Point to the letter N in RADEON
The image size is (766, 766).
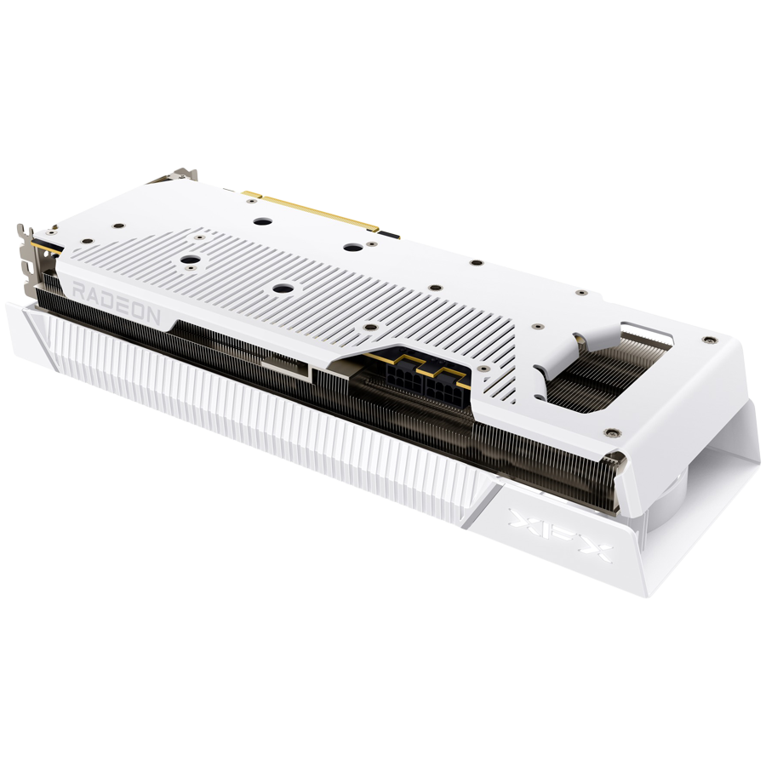tap(152, 315)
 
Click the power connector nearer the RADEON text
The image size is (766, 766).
tap(405, 375)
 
